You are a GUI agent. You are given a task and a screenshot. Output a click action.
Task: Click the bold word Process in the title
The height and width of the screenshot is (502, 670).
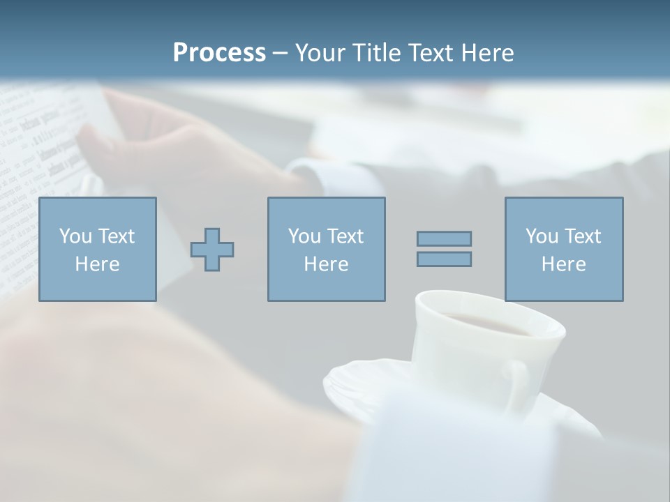219,53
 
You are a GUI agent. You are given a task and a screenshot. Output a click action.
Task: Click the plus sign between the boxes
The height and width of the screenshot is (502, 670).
212,249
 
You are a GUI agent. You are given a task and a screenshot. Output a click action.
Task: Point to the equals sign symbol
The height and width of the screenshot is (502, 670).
444,249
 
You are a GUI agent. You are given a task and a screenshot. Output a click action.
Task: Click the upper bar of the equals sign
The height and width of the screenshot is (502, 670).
444,239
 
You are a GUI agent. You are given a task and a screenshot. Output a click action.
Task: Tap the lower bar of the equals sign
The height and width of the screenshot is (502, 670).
444,259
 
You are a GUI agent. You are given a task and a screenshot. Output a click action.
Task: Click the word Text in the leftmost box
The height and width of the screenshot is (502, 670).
116,236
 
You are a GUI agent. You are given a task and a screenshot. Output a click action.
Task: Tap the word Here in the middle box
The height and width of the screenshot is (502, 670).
326,264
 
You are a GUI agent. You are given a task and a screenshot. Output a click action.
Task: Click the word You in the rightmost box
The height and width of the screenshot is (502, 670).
542,236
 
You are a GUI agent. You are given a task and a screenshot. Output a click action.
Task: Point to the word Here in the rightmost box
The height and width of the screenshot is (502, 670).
563,264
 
